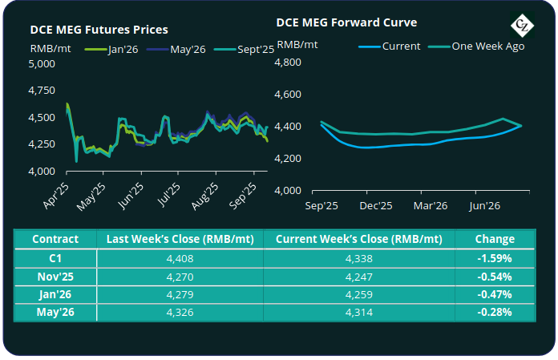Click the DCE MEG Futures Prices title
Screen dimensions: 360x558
[x=99, y=30]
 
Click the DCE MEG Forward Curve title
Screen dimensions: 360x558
[x=346, y=22]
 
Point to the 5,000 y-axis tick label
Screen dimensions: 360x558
[x=42, y=65]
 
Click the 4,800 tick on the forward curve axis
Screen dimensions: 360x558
[x=289, y=63]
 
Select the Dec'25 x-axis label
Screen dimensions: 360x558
[x=374, y=206]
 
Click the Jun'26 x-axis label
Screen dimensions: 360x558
[x=484, y=206]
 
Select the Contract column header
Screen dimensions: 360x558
[x=55, y=239]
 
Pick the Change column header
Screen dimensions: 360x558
[x=495, y=239]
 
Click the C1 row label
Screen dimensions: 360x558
[x=55, y=258]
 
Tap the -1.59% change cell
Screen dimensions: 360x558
[x=495, y=258]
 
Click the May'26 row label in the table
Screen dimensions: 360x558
[x=55, y=312]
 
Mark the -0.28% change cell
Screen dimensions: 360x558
[x=495, y=312]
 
